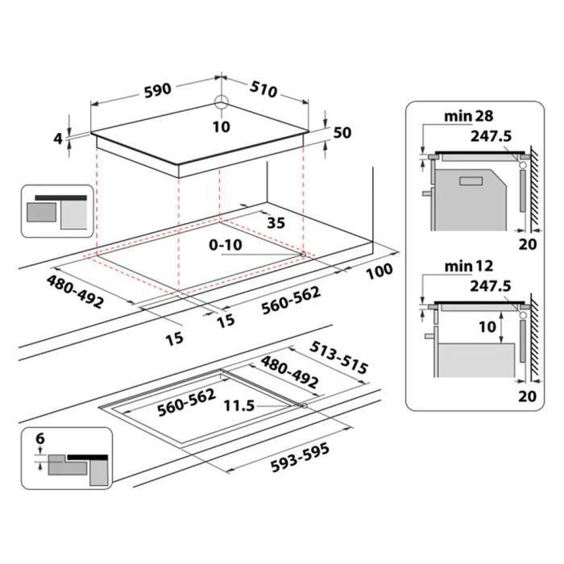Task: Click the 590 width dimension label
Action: [x=158, y=90]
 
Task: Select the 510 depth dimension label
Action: [x=264, y=89]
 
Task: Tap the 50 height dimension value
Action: [x=342, y=133]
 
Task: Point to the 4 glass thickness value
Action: [x=58, y=139]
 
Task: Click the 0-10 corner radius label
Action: [x=226, y=245]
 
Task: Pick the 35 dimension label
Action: [x=276, y=223]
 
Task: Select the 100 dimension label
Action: [x=379, y=271]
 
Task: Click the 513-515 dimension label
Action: [x=339, y=357]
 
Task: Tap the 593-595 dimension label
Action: [x=300, y=458]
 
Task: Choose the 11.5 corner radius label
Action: [x=239, y=406]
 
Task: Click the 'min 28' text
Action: [x=469, y=116]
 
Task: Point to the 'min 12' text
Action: [x=469, y=266]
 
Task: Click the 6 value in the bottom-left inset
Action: [x=40, y=438]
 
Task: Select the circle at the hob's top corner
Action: [x=222, y=102]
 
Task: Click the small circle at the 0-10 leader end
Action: [x=303, y=255]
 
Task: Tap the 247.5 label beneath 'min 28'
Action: [x=491, y=136]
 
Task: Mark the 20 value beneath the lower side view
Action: [x=527, y=396]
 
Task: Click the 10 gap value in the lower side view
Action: [x=487, y=327]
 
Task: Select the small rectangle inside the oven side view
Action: [x=471, y=181]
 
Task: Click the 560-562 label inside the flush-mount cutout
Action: [x=187, y=402]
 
